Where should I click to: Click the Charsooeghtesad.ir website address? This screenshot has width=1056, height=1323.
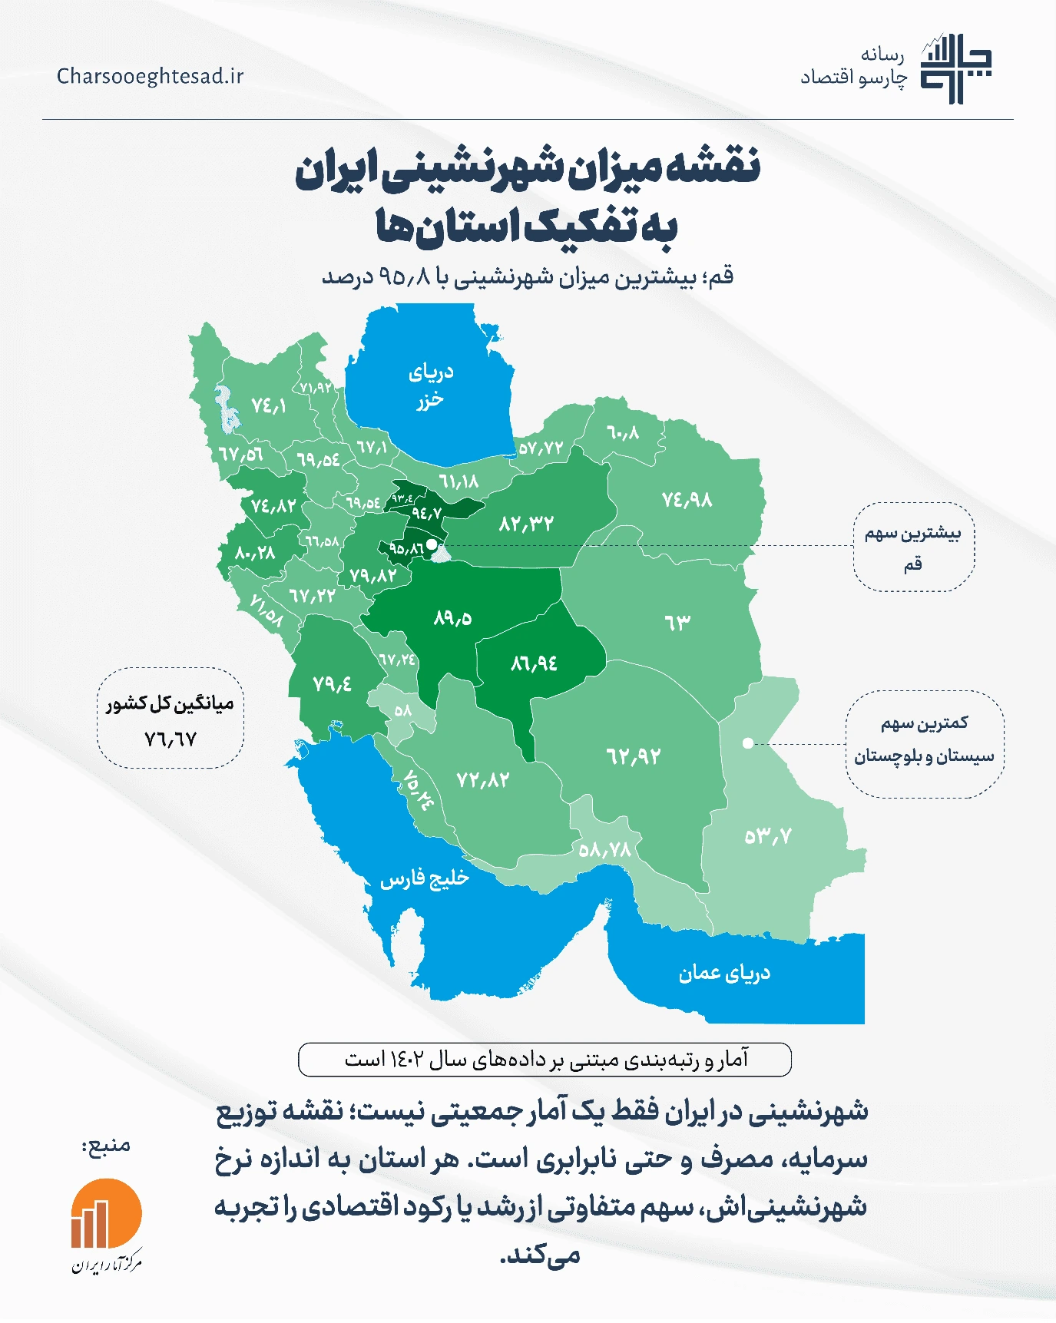[150, 76]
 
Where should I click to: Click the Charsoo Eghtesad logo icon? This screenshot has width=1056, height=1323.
[955, 68]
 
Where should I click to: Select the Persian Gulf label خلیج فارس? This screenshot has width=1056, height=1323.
[424, 878]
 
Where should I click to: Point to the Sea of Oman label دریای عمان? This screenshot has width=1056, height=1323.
[723, 973]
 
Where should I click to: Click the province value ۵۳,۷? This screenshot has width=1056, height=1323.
[768, 836]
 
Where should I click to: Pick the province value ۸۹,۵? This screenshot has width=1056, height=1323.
[452, 617]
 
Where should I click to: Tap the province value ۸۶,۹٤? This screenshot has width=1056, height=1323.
[534, 663]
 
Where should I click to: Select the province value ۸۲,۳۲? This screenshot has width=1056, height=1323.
[526, 524]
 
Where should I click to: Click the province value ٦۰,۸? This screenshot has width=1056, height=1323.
[623, 433]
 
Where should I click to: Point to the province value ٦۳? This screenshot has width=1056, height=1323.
[677, 622]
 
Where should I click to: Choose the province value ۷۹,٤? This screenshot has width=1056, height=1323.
[332, 683]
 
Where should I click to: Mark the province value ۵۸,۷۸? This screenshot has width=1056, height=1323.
[605, 850]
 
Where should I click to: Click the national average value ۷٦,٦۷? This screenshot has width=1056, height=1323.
[170, 739]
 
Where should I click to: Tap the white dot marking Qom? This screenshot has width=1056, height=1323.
[432, 544]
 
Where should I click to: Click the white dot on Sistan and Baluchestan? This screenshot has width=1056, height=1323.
[747, 743]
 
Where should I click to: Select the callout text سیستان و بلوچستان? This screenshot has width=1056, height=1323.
[924, 756]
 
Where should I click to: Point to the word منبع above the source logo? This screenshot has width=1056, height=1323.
[108, 1146]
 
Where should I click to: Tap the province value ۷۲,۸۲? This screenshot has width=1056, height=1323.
[483, 780]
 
